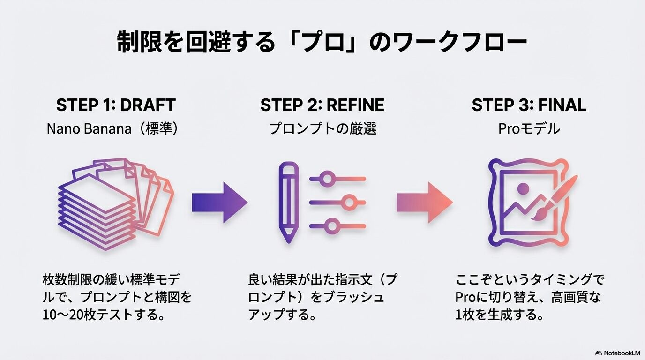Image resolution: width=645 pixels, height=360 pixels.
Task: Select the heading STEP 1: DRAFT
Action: [x=115, y=105]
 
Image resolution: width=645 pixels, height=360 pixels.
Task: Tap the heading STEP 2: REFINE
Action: [x=322, y=105]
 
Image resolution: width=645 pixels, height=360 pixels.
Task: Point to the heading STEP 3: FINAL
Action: [x=529, y=105]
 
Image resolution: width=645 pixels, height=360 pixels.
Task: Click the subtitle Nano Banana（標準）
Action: [x=112, y=129]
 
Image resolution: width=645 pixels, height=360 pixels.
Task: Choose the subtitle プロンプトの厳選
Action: [x=322, y=129]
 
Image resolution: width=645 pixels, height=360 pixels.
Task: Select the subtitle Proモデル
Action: [x=529, y=129]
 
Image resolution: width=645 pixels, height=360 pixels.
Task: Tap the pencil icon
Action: [x=288, y=202]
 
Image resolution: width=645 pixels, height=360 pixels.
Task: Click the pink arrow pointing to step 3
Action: [x=425, y=202]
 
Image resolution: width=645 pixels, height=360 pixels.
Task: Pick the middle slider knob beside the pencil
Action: [x=348, y=202]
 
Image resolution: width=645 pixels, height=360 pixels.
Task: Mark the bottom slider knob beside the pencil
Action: [x=332, y=226]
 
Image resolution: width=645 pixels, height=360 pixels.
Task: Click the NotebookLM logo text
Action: [x=621, y=352]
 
